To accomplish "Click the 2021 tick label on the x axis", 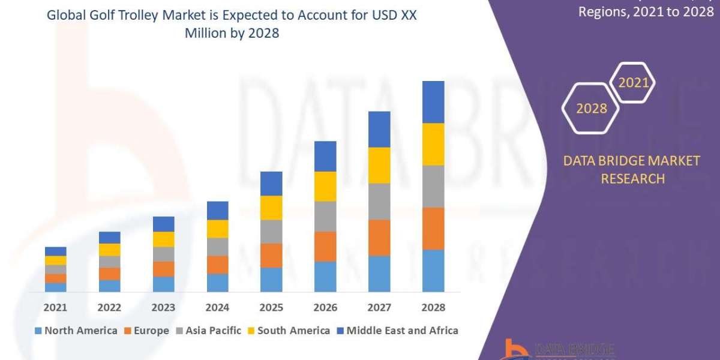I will (55, 307).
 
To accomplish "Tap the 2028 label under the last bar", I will (433, 307).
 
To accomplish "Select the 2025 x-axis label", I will (271, 307).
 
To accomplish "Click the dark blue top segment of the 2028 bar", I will (433, 102).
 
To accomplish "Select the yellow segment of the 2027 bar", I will (379, 165).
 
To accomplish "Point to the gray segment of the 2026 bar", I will (325, 216).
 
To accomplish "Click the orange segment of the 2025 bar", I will (271, 255).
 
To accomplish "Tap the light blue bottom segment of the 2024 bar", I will (217, 283).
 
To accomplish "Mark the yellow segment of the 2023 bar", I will (163, 239).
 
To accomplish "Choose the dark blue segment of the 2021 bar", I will (55, 251).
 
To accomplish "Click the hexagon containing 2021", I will (633, 83).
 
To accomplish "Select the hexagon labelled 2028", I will (591, 109).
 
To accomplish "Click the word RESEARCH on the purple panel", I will (632, 179).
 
